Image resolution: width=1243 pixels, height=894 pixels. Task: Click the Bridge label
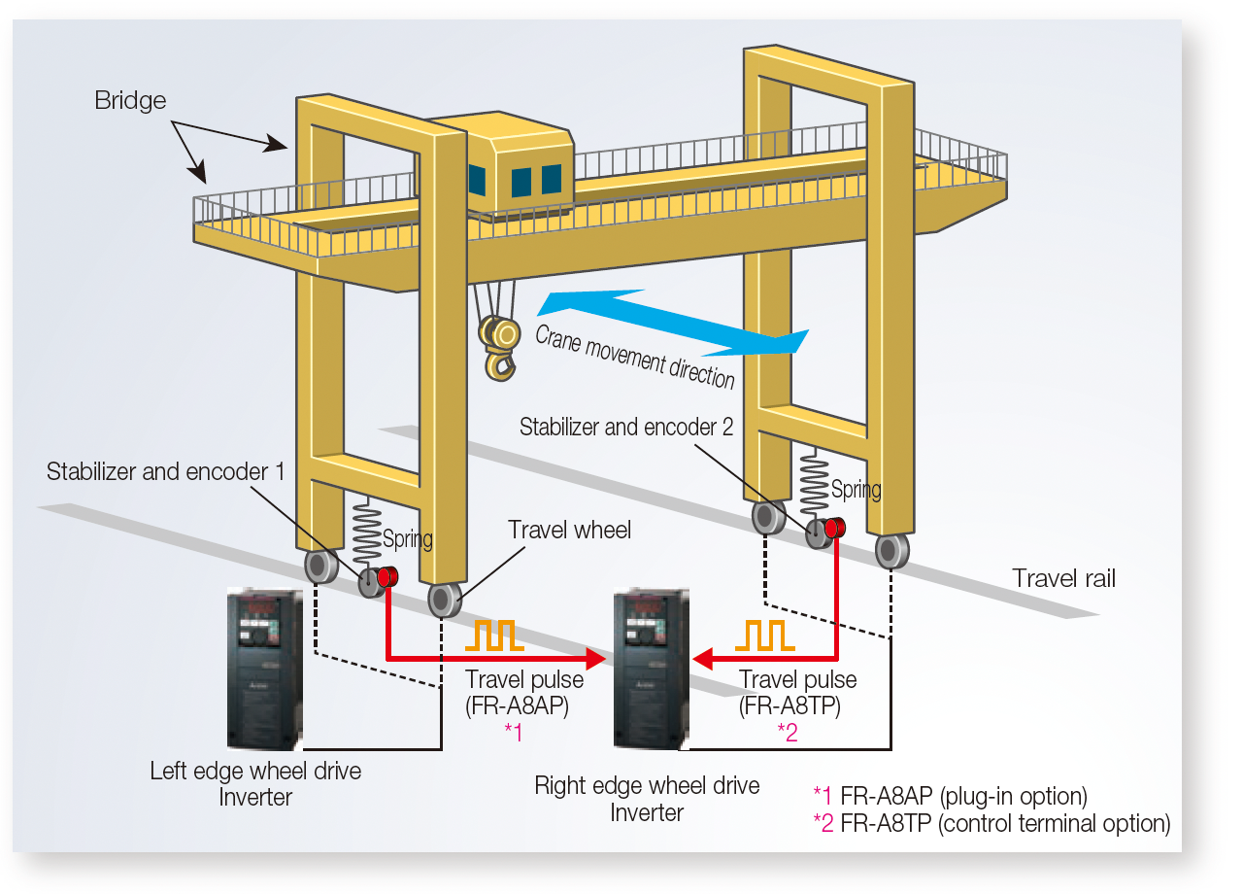click(130, 100)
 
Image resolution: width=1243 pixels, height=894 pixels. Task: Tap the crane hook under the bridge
click(499, 347)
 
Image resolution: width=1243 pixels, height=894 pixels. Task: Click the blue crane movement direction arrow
click(673, 322)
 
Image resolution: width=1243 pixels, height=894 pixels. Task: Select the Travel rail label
click(1063, 578)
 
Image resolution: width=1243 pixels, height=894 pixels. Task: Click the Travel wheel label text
click(569, 530)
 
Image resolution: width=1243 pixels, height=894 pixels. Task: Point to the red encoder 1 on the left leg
click(387, 577)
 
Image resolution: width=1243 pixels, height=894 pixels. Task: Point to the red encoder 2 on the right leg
click(834, 528)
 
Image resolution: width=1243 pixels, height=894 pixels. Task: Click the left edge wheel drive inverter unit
click(265, 669)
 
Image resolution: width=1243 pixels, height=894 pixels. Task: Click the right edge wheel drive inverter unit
click(651, 669)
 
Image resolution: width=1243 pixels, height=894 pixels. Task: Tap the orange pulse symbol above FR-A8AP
click(494, 636)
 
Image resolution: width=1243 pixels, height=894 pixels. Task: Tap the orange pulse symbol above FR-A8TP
click(764, 636)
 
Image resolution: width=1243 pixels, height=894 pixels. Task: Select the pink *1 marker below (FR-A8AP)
click(514, 733)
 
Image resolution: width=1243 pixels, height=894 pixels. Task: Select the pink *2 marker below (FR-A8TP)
click(788, 733)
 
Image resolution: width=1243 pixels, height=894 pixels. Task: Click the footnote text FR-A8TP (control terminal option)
click(1005, 823)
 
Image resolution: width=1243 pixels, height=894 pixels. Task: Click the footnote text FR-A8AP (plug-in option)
click(963, 796)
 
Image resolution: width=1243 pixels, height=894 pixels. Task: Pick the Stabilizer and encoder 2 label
click(626, 427)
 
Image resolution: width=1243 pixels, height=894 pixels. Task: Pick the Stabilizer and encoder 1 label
click(165, 471)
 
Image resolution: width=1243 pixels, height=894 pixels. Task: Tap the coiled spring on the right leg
click(814, 482)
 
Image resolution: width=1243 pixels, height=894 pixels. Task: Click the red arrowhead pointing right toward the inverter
click(596, 659)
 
